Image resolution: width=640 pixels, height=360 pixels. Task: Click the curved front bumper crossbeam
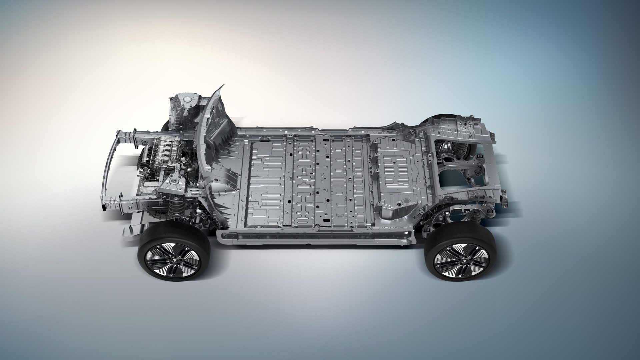tap(110, 167)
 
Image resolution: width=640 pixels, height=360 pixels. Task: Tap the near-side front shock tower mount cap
tap(173, 181)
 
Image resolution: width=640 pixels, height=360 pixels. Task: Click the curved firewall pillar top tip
tap(222, 87)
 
